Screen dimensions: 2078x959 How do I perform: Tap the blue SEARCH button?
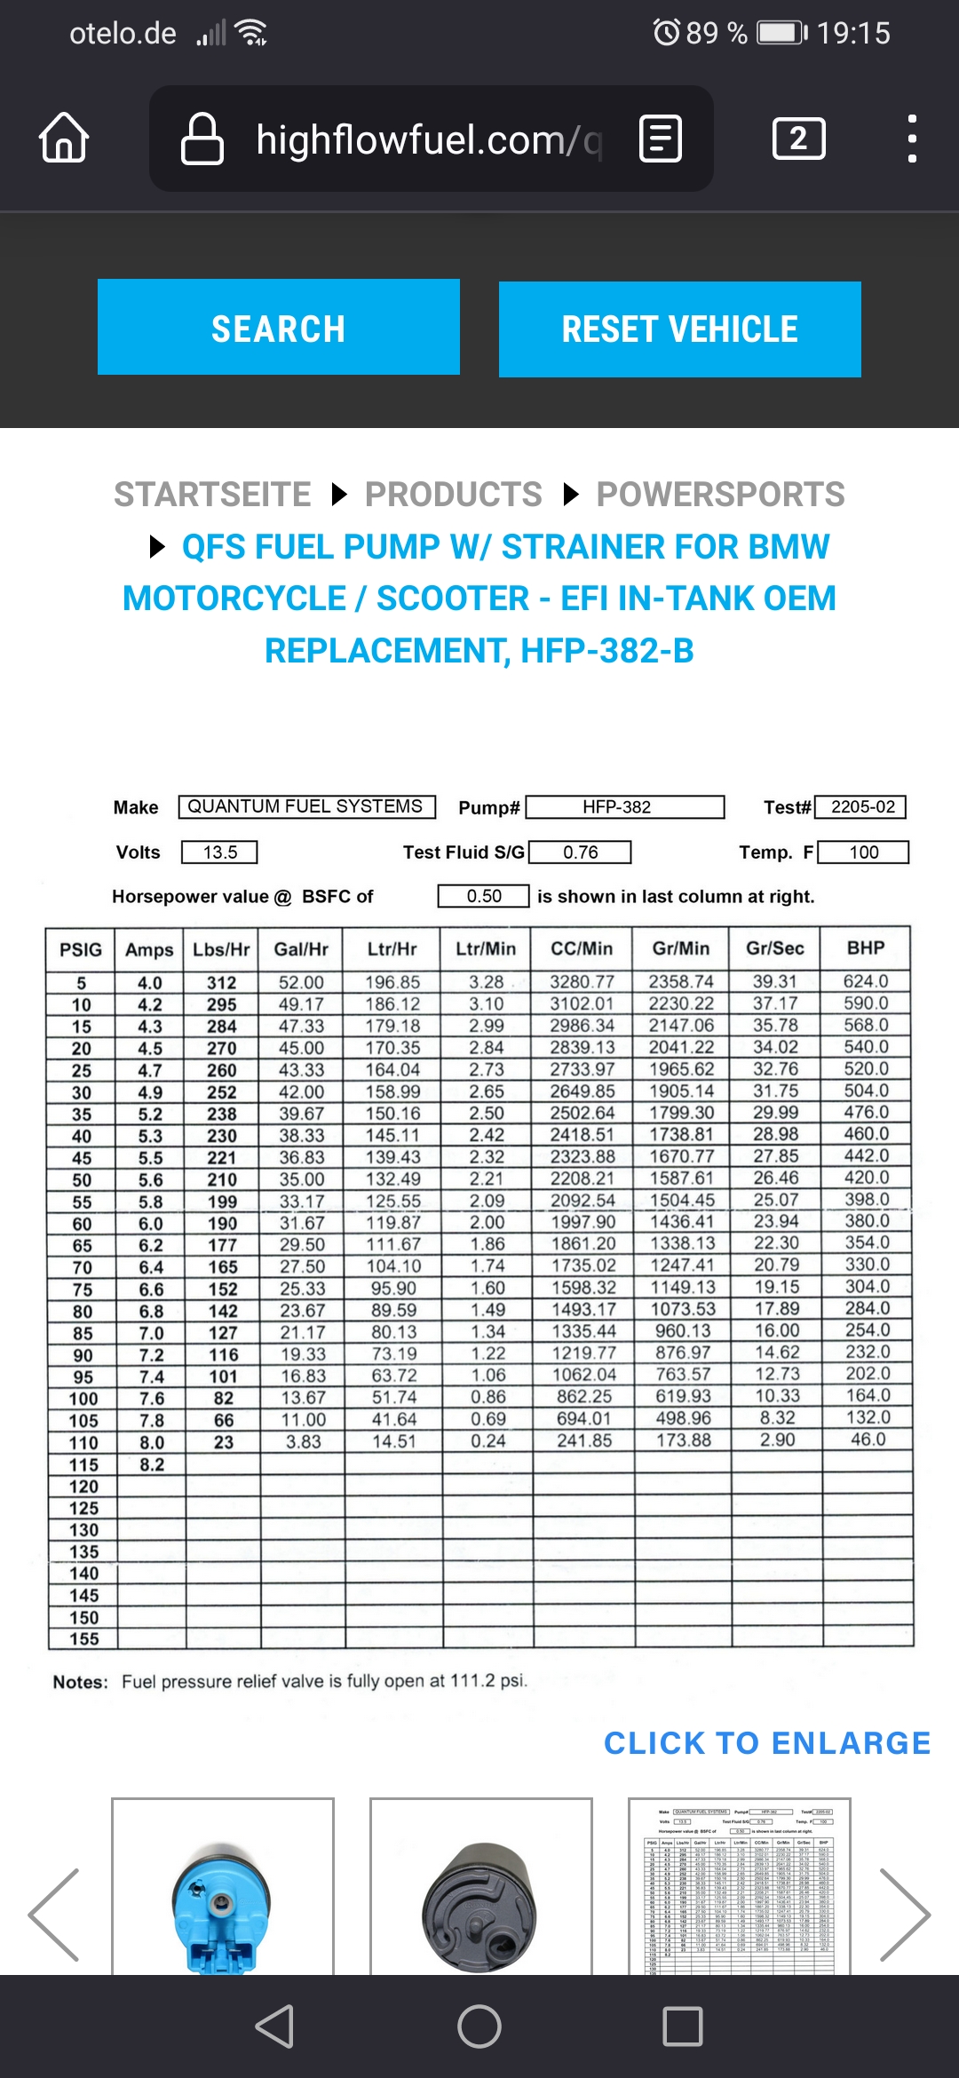tap(278, 328)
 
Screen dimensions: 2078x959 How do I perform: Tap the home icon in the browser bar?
tap(64, 138)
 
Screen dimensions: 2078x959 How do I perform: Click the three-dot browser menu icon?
tap(911, 139)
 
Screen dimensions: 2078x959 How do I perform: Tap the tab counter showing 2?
tap(798, 139)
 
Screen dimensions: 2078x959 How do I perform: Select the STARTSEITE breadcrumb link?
tap(212, 494)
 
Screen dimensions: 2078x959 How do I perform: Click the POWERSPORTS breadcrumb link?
tap(720, 494)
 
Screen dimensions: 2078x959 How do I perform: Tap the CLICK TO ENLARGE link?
tap(767, 1742)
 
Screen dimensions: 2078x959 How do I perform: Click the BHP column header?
tap(866, 948)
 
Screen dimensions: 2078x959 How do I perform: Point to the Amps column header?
tap(149, 949)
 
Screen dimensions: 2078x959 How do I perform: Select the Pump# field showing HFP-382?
tap(626, 806)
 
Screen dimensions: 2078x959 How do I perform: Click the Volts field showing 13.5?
tap(219, 853)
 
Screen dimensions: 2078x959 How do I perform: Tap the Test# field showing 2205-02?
tap(861, 806)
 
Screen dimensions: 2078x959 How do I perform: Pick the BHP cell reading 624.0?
tap(866, 981)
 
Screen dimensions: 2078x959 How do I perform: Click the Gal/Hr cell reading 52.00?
tap(301, 982)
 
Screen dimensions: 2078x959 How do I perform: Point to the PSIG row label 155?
tap(83, 1638)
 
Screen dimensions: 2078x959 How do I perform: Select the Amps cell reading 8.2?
tap(151, 1464)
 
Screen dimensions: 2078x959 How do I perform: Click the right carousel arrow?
tap(905, 1915)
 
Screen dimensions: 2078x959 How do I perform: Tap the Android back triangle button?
tap(275, 2026)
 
